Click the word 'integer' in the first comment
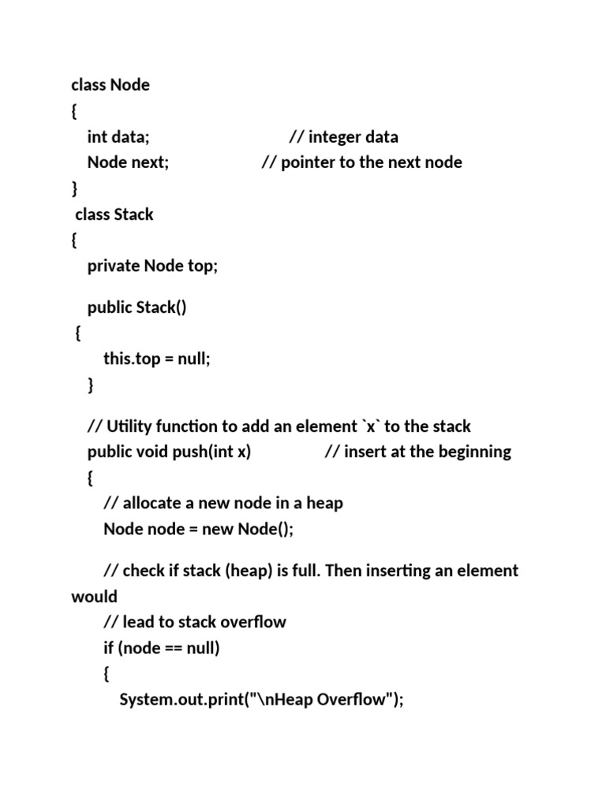pyautogui.click(x=338, y=137)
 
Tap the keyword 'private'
pyautogui.click(x=114, y=266)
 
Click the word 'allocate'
pyautogui.click(x=153, y=503)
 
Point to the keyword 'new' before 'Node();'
pyautogui.click(x=218, y=529)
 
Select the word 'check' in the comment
pyautogui.click(x=144, y=571)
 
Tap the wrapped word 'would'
pyautogui.click(x=94, y=597)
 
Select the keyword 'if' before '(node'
pyautogui.click(x=110, y=649)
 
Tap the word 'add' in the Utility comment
pyautogui.click(x=256, y=426)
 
